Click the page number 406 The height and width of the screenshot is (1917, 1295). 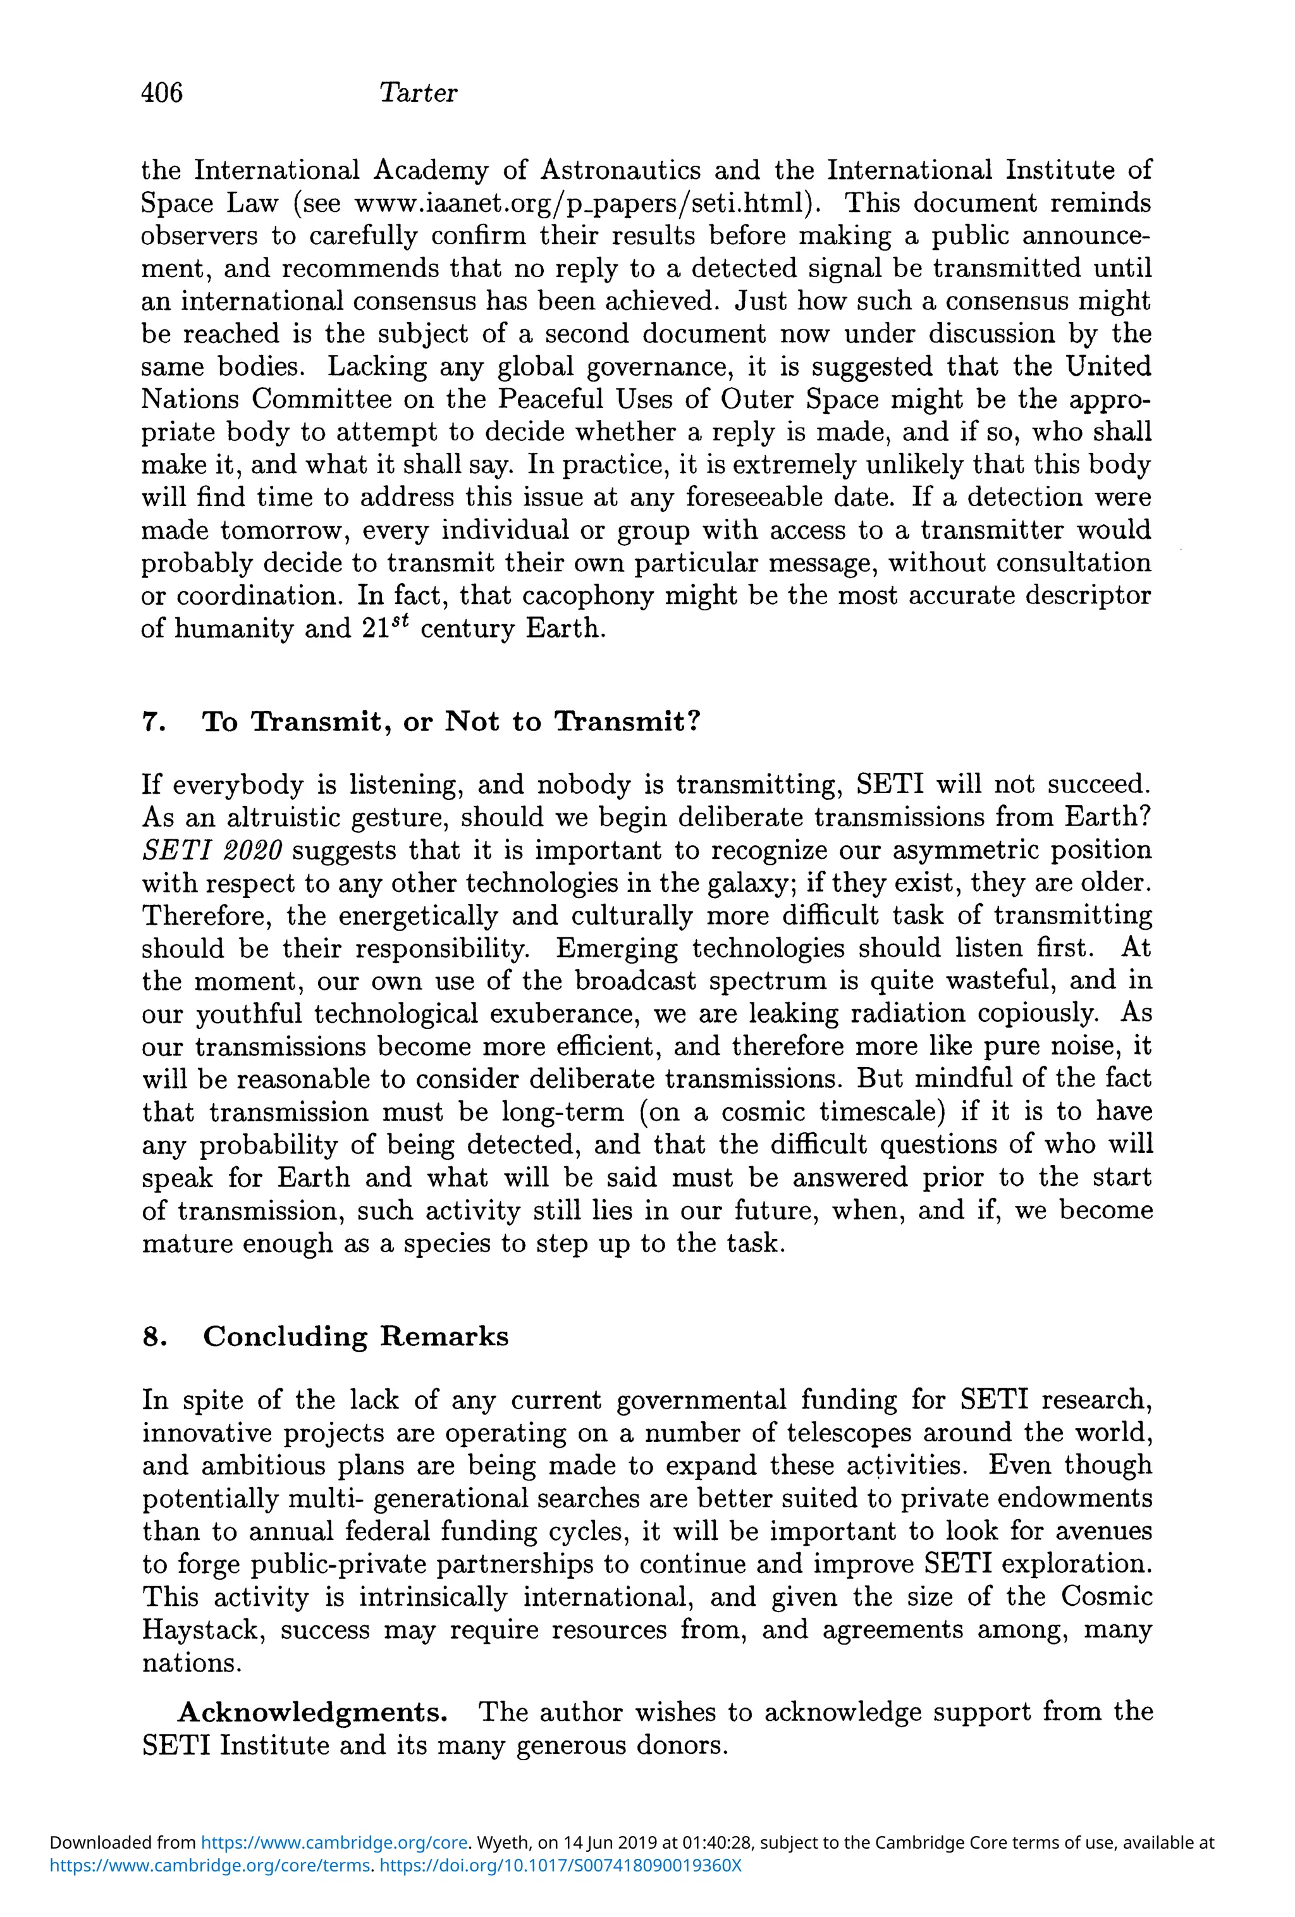point(162,92)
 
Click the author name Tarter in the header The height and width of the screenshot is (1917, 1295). point(417,92)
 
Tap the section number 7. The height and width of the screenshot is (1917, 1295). point(154,722)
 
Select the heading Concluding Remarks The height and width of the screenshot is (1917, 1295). point(355,1336)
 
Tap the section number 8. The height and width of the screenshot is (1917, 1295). point(154,1336)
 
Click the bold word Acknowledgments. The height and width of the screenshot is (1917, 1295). point(312,1713)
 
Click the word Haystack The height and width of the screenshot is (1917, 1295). point(204,1630)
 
